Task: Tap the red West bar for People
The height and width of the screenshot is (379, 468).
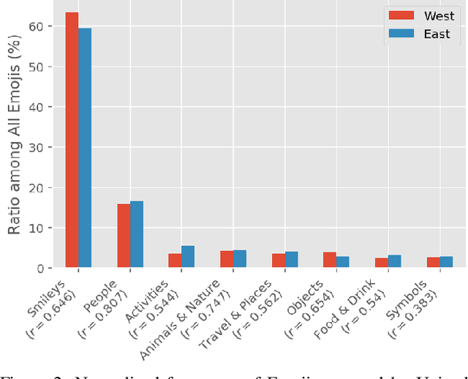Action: click(124, 236)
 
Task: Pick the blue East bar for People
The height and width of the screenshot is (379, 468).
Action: click(137, 235)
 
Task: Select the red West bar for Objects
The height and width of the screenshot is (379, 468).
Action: click(329, 260)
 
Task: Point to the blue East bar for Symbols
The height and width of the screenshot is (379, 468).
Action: click(445, 263)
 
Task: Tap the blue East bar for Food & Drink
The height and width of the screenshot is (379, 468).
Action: click(394, 262)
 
